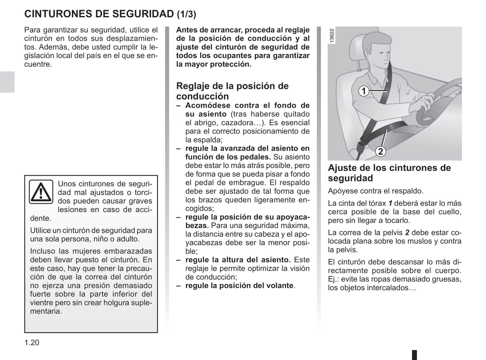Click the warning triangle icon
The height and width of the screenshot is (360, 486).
click(x=41, y=192)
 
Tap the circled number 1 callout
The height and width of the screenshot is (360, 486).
click(x=364, y=91)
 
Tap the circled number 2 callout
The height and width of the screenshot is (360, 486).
click(x=380, y=151)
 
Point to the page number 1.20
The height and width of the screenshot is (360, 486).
click(x=32, y=343)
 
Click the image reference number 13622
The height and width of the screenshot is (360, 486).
click(x=332, y=35)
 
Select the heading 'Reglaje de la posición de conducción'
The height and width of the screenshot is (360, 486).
click(x=232, y=91)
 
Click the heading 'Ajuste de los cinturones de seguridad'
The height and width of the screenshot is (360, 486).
click(x=389, y=173)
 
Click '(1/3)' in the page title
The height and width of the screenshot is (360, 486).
click(x=186, y=14)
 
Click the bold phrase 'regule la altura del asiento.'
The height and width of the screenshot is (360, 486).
click(x=238, y=260)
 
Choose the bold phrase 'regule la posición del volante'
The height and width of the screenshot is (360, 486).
click(x=239, y=286)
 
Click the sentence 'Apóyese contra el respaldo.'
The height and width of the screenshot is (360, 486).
click(x=375, y=191)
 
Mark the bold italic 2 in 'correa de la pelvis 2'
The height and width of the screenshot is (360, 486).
click(x=407, y=232)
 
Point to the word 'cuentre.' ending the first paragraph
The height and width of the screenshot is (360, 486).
click(x=38, y=64)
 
